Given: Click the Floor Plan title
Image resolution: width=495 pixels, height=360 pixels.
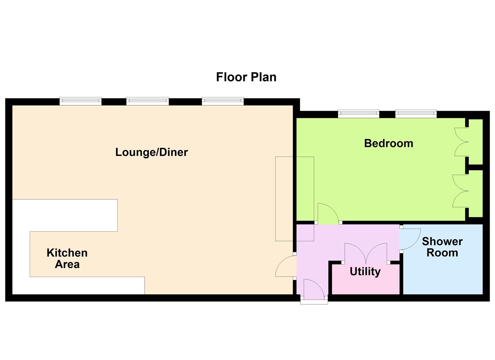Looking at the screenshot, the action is click(246, 77).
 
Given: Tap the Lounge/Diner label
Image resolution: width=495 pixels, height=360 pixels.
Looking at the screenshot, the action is click(152, 152).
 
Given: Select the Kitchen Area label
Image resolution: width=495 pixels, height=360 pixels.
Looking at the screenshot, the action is click(67, 259).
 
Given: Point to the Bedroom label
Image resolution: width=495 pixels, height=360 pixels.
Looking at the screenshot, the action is click(388, 143).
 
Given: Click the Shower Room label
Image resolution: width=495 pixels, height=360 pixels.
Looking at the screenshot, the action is click(442, 247).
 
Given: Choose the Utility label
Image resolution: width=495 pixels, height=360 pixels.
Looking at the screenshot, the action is click(365, 272).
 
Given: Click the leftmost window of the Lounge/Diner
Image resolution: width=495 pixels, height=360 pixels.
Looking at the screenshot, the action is click(80, 101).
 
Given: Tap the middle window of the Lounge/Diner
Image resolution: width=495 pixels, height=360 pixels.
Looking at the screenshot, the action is click(147, 101).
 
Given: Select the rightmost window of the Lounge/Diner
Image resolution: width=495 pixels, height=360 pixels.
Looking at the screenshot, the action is click(223, 101).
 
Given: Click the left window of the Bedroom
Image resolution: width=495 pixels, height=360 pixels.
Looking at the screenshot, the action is click(359, 114).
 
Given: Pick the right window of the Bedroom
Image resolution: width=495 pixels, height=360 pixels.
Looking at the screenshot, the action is click(416, 114).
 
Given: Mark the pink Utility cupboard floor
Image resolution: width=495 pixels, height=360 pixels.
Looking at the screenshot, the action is click(366, 279).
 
